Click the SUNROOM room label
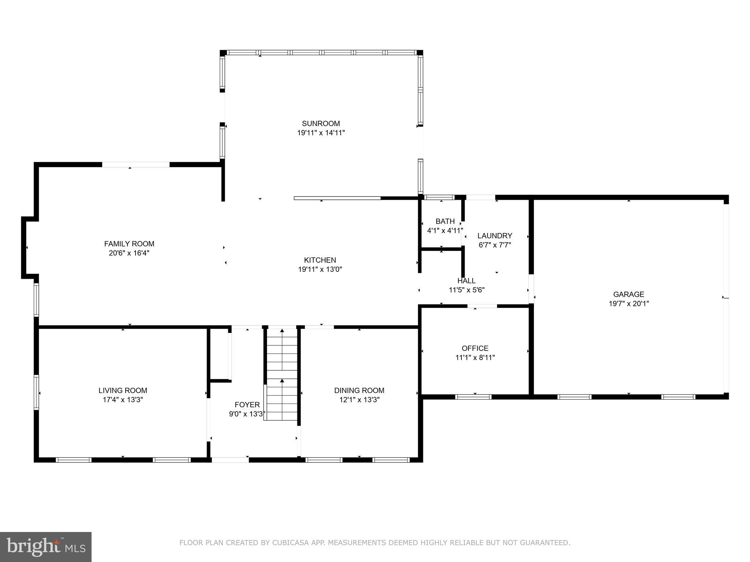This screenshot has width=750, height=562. (321, 123)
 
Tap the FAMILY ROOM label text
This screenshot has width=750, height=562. (129, 244)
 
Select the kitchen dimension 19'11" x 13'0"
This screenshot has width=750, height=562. (320, 269)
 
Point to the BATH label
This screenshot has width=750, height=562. (445, 221)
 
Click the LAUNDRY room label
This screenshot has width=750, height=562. (494, 236)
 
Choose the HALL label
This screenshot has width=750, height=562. (466, 281)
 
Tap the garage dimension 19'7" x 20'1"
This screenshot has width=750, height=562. (628, 303)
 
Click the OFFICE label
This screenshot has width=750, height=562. (475, 348)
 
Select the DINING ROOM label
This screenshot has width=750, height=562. (359, 390)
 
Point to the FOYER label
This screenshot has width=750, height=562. (247, 405)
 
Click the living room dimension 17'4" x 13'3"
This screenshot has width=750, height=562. (123, 400)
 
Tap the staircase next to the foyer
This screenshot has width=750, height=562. (282, 373)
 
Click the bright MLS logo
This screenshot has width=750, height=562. (45, 547)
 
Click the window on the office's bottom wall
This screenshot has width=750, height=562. (473, 397)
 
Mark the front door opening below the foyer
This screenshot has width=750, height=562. (230, 460)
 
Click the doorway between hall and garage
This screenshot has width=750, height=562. (531, 289)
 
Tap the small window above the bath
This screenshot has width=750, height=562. (439, 197)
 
